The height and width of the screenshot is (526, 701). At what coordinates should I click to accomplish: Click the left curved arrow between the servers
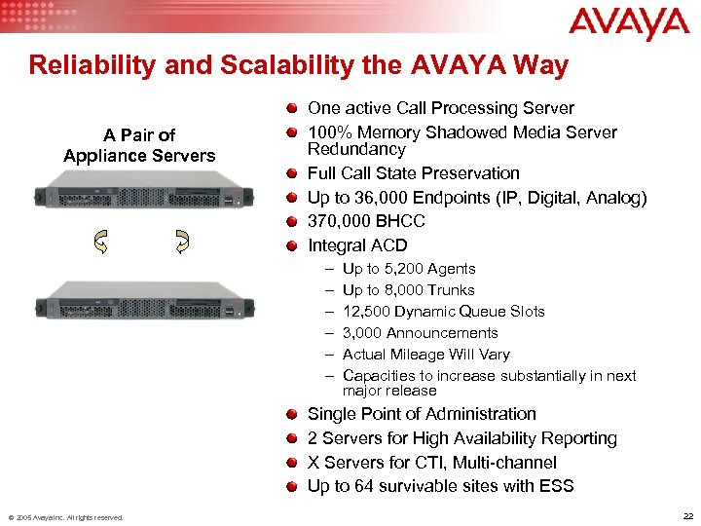100,243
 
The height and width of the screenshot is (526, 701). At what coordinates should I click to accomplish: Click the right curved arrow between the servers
182,243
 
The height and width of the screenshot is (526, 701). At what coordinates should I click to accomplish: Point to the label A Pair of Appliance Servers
140,145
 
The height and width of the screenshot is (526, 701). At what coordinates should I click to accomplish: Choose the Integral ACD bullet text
357,245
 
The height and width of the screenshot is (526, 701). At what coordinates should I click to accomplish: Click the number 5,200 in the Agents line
402,269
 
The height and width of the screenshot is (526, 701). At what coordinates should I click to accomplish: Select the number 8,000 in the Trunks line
402,290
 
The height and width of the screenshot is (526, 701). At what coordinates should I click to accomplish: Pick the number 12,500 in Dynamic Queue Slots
367,312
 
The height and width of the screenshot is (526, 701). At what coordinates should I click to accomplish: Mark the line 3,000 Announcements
421,333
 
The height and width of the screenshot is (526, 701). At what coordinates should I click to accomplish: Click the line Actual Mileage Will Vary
426,355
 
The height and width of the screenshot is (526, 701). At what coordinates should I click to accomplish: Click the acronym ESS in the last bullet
556,486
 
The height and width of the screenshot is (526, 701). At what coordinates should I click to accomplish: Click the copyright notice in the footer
65,516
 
